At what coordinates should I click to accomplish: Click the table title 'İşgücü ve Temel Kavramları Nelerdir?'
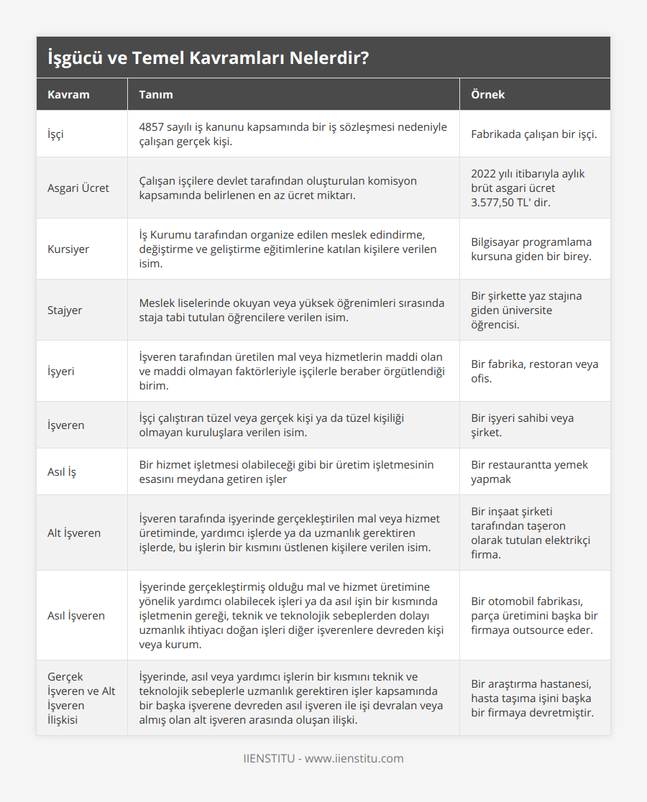coord(208,57)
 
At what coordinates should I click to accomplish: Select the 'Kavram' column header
coord(69,94)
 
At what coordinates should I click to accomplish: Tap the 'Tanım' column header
coord(156,94)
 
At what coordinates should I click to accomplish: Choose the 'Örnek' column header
coord(488,94)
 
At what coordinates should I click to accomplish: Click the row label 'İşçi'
coord(55,134)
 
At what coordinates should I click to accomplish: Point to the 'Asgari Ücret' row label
coord(78,188)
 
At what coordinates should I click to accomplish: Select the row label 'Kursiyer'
coord(68,249)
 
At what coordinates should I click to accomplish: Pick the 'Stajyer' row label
coord(65,310)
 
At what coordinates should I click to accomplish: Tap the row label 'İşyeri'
coord(61,372)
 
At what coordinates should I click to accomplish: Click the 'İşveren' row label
coord(66,425)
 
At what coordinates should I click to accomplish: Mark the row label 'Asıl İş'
coord(62,472)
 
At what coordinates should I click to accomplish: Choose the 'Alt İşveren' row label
coord(74,533)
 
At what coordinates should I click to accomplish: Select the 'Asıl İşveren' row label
coord(76,616)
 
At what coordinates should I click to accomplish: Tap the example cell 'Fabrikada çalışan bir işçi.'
coord(534,134)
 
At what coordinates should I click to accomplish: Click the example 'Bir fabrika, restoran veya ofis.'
coord(534,372)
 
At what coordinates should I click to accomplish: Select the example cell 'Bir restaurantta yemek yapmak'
coord(529,472)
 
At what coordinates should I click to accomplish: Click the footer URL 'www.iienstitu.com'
coord(354,758)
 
